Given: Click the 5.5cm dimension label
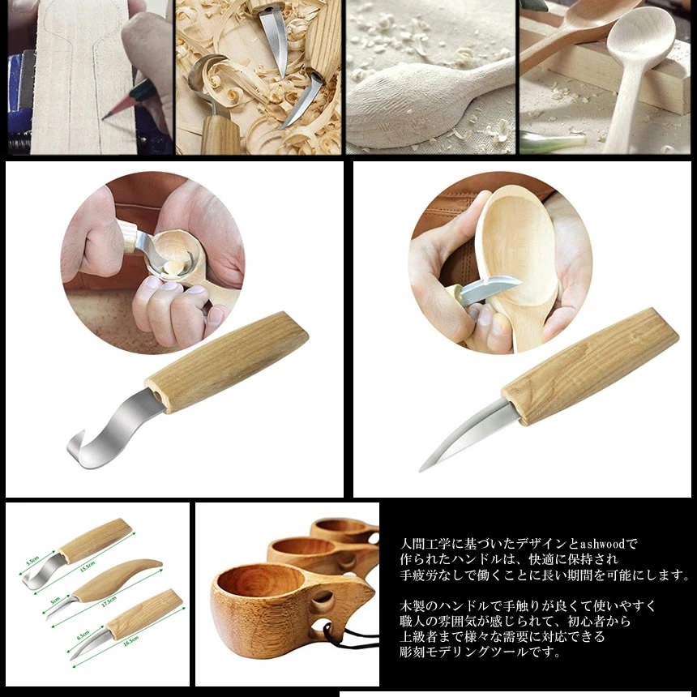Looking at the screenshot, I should click(33, 559).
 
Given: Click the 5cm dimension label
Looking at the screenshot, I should click(55, 601).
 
